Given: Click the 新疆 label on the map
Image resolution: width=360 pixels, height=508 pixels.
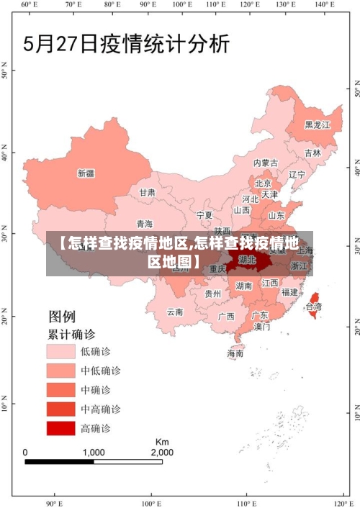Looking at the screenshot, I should pyautogui.click(x=86, y=173).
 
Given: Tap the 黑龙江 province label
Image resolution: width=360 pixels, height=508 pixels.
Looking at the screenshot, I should pyautogui.click(x=318, y=124).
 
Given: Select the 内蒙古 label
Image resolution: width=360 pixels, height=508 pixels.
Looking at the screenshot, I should pyautogui.click(x=266, y=163).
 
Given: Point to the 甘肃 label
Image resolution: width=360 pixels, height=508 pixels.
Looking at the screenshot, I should pyautogui.click(x=148, y=193).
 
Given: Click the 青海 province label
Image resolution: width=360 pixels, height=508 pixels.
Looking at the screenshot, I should pyautogui.click(x=145, y=224).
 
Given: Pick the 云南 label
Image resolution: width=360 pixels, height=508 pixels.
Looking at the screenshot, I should pyautogui.click(x=175, y=312).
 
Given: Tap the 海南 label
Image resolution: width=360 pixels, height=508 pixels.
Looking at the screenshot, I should pyautogui.click(x=235, y=353).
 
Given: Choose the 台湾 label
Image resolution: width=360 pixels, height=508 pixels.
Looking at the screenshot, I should pyautogui.click(x=314, y=307).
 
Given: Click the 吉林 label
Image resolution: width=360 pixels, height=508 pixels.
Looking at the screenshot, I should pyautogui.click(x=312, y=153).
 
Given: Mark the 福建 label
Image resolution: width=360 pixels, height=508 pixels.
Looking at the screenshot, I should pyautogui.click(x=289, y=292).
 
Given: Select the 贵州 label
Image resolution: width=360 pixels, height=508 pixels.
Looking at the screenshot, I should pyautogui.click(x=212, y=294).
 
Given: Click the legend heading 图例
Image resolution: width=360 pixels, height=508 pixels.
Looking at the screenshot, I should pyautogui.click(x=62, y=316).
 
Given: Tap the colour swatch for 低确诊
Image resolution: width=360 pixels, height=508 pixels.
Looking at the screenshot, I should pyautogui.click(x=61, y=351).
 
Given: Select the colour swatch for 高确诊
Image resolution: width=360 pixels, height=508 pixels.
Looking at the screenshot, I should pyautogui.click(x=61, y=429).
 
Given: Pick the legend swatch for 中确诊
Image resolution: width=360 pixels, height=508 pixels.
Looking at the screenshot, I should pyautogui.click(x=61, y=390).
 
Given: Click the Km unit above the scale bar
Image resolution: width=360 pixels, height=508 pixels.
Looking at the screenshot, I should pyautogui.click(x=162, y=441).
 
